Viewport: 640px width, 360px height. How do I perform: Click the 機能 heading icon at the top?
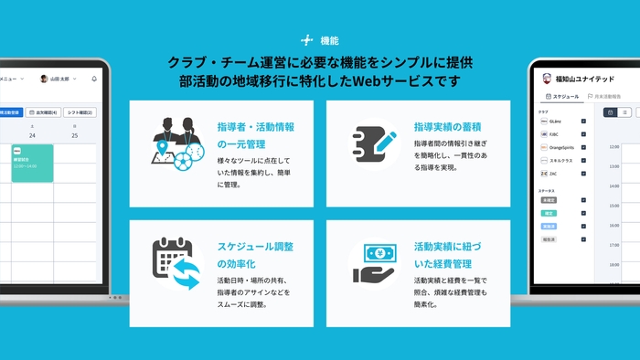(x=306, y=40)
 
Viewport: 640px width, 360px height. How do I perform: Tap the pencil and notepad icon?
(x=373, y=142)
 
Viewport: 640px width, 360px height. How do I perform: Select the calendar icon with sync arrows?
(x=176, y=263)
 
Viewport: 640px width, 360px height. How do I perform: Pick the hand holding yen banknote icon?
(x=373, y=263)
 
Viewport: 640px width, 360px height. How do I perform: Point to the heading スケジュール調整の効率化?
(x=257, y=256)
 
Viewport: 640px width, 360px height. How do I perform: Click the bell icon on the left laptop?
(x=94, y=79)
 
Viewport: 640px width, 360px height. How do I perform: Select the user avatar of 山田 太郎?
(x=42, y=79)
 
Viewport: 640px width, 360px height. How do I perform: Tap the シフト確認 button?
(x=84, y=112)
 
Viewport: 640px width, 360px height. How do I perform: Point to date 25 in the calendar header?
(x=74, y=135)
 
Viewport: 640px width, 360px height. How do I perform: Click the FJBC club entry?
(x=552, y=133)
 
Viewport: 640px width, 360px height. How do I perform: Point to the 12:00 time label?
(x=613, y=146)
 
